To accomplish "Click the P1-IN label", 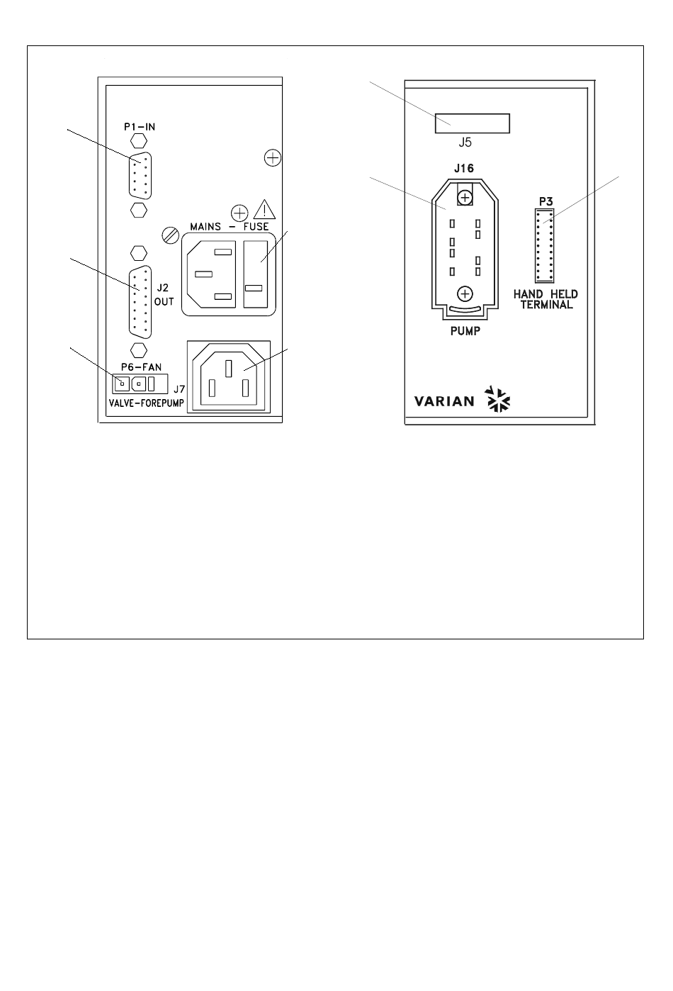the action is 139,127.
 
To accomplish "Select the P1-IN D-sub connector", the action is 140,174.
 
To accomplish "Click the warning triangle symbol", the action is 265,210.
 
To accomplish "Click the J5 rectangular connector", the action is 472,123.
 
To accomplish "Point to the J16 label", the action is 464,168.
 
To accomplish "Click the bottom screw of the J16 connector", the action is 465,293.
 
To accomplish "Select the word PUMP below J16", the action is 465,330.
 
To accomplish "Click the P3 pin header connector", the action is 545,246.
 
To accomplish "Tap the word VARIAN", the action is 444,401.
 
